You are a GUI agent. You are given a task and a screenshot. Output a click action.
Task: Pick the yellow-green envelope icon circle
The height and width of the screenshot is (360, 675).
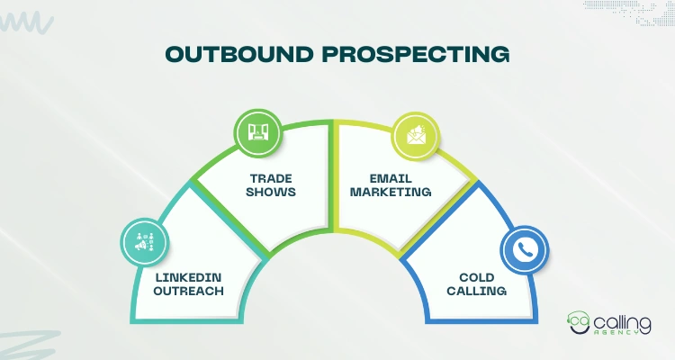pyautogui.click(x=415, y=136)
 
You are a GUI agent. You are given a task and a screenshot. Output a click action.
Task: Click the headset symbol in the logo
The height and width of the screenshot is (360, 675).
pyautogui.click(x=579, y=322)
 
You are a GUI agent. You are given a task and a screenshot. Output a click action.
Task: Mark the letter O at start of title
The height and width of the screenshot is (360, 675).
pyautogui.click(x=174, y=55)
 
